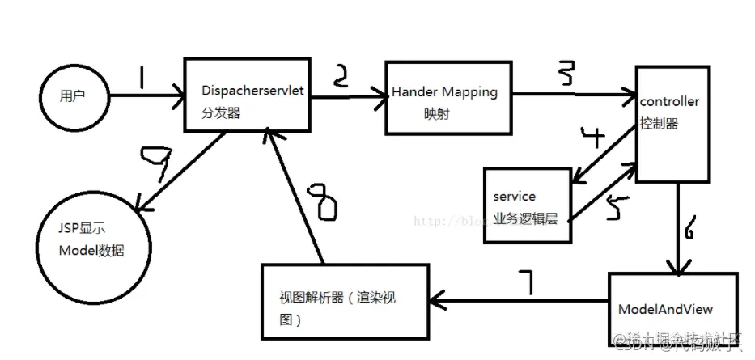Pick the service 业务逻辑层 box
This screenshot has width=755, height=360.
point(528,205)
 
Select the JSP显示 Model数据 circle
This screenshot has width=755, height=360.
point(89,240)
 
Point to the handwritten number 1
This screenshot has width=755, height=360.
point(141,79)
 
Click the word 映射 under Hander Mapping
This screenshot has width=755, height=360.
point(437,114)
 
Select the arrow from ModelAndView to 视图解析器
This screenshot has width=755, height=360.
point(518,300)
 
